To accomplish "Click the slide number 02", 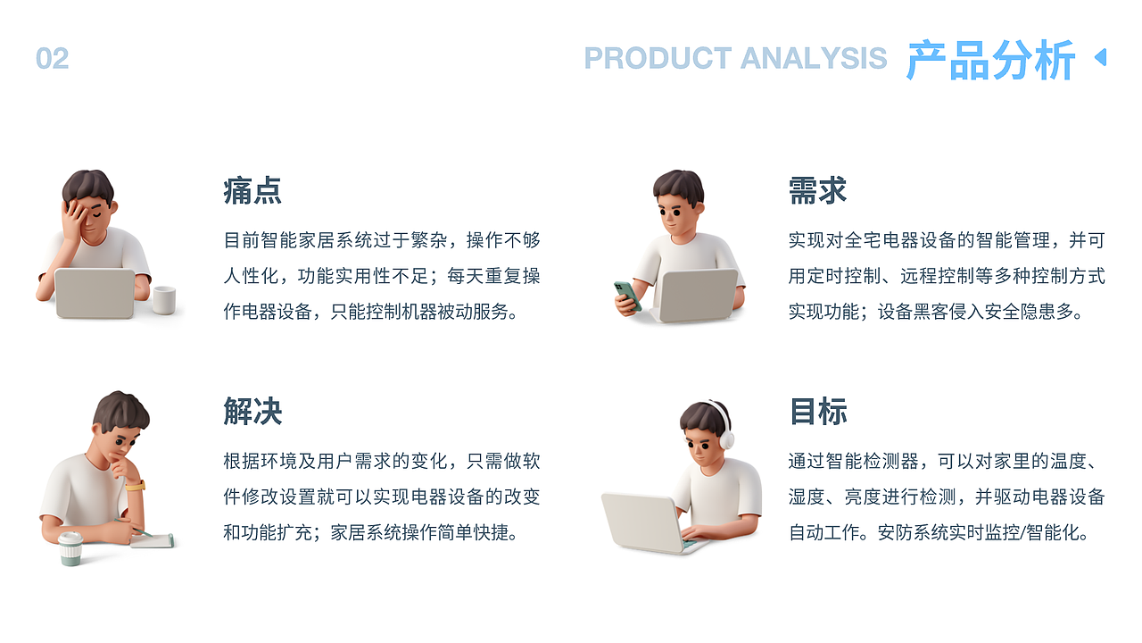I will pyautogui.click(x=52, y=59).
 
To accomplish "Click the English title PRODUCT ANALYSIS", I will pyautogui.click(x=735, y=59).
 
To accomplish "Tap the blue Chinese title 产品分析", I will pyautogui.click(x=990, y=61).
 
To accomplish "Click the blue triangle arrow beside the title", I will pyautogui.click(x=1100, y=57).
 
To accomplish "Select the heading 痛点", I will pyautogui.click(x=252, y=191).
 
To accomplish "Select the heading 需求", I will pyautogui.click(x=817, y=191).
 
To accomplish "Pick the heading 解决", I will pyautogui.click(x=252, y=412).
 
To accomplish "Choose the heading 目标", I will pyautogui.click(x=817, y=412).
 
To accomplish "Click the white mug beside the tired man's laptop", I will pyautogui.click(x=163, y=300).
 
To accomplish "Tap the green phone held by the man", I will pyautogui.click(x=627, y=296).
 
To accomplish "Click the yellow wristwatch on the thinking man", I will pyautogui.click(x=135, y=486).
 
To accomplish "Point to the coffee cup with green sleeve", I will pyautogui.click(x=70, y=547).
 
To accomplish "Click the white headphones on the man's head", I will pyautogui.click(x=722, y=424).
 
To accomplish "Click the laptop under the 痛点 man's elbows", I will pyautogui.click(x=95, y=293).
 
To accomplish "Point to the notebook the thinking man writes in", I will pyautogui.click(x=153, y=539).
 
